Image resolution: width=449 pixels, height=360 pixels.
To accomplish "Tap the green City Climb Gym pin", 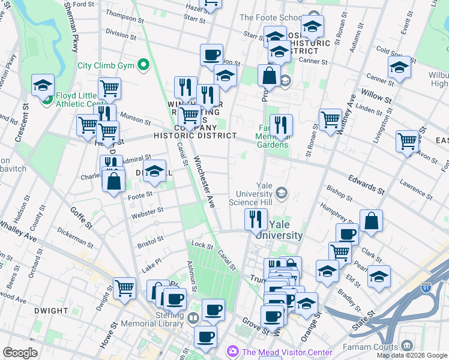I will [x=143, y=64].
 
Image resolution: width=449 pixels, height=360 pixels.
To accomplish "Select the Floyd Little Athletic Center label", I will [x=81, y=99].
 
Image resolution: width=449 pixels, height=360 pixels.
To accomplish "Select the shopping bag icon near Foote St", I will [x=113, y=180].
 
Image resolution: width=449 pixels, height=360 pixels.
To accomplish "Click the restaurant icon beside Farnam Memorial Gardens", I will [x=280, y=125].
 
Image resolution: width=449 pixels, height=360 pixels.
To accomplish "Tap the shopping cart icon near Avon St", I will [x=407, y=142].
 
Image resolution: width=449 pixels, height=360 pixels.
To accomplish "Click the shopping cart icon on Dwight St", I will [x=124, y=289].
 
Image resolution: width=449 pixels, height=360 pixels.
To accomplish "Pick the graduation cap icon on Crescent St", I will [x=43, y=85].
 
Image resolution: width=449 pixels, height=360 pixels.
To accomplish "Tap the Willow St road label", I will [x=372, y=95].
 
